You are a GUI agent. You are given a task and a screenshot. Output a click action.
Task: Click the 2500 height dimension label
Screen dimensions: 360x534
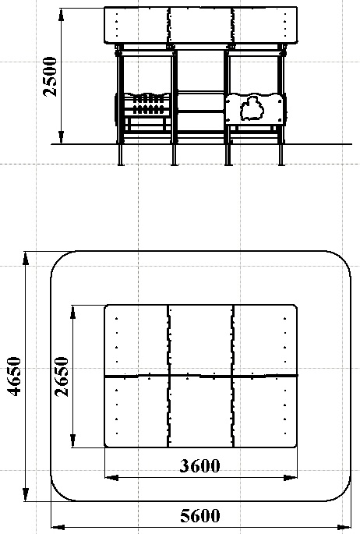pyautogui.click(x=51, y=76)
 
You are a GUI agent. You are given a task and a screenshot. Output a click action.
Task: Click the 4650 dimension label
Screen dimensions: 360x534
pyautogui.click(x=14, y=377)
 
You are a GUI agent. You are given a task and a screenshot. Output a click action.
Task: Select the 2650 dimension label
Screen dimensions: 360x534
pyautogui.click(x=62, y=377)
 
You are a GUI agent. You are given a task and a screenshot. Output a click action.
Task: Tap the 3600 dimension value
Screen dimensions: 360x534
pyautogui.click(x=200, y=465)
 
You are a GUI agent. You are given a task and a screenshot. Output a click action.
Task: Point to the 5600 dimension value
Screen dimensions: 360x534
pyautogui.click(x=200, y=515)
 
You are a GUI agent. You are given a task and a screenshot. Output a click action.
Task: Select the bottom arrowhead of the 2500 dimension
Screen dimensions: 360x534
pyautogui.click(x=62, y=137)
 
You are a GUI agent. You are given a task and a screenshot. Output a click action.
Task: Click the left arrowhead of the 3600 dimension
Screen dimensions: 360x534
pyautogui.click(x=111, y=478)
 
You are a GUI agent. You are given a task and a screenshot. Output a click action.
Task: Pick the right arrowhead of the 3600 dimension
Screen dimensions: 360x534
pyautogui.click(x=290, y=478)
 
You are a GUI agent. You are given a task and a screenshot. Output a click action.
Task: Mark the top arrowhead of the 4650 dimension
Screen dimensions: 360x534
pyautogui.click(x=26, y=259)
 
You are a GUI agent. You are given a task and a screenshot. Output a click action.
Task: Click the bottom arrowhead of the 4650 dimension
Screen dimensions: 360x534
pyautogui.click(x=26, y=493)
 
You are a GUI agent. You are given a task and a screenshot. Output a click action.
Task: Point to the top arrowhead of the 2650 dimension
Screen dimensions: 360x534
pyautogui.click(x=72, y=312)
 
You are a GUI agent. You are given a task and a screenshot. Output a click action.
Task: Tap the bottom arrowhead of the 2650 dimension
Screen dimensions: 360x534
pyautogui.click(x=72, y=440)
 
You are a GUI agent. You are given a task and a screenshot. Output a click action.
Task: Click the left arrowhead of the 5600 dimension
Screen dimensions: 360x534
pyautogui.click(x=58, y=526)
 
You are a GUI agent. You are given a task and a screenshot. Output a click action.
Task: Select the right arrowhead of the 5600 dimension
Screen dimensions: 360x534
pyautogui.click(x=344, y=526)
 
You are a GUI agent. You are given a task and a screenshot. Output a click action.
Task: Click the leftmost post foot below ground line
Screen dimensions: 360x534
pyautogui.click(x=121, y=155)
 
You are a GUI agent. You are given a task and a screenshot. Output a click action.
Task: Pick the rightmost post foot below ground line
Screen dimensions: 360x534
pyautogui.click(x=281, y=155)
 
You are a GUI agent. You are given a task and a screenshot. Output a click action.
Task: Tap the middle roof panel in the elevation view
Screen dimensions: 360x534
pyautogui.click(x=201, y=25)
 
